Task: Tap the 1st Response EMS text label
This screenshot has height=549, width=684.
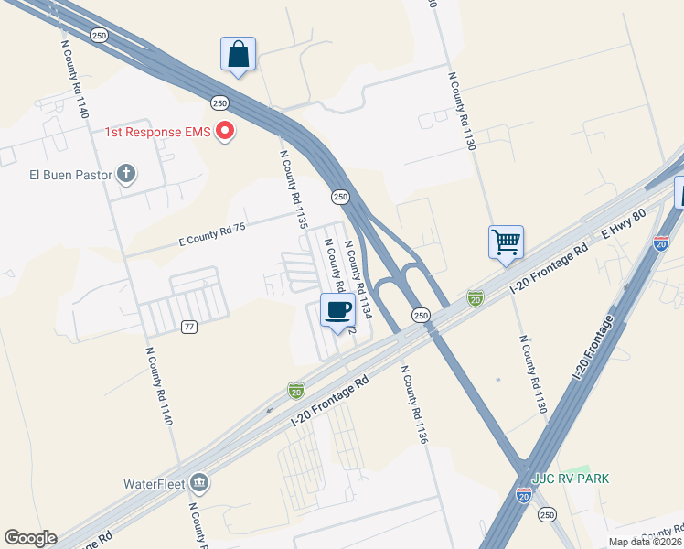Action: (x=157, y=133)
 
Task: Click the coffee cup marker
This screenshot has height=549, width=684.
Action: (x=338, y=310)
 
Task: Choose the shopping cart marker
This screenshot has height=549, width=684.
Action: (x=506, y=242)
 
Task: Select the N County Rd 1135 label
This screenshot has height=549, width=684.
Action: (x=293, y=188)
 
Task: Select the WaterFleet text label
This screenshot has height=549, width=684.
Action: (x=155, y=483)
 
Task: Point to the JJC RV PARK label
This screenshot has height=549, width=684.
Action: (x=571, y=479)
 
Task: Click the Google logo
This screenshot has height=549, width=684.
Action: (x=30, y=538)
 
